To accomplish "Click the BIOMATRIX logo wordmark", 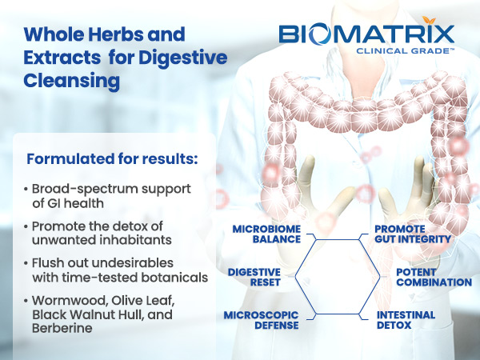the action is tap(366, 34).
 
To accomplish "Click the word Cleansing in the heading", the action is tap(72, 81).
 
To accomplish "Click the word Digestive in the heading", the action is tap(182, 58).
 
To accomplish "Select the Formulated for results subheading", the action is tap(112, 158).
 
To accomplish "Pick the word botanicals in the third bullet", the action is tap(174, 278).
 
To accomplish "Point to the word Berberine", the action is tap(62, 328).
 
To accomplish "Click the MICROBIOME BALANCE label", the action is tap(266, 234).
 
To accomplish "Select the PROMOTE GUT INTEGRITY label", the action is tap(413, 234).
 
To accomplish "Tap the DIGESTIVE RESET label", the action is tap(254, 277).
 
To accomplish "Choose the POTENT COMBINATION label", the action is tap(434, 277).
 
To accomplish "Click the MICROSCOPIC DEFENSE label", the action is tap(261, 320).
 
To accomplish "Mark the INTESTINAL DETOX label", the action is tap(406, 320).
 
